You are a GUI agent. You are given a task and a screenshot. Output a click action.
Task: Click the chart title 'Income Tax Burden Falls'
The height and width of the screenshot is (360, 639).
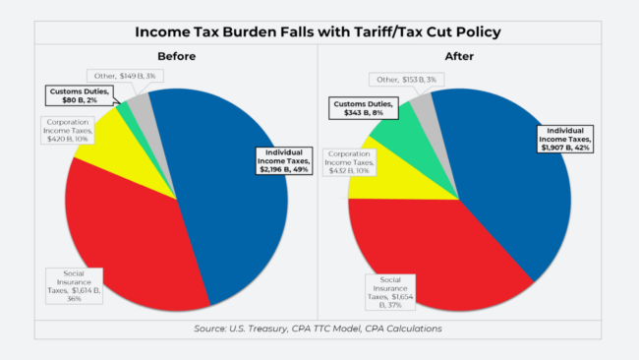(319, 32)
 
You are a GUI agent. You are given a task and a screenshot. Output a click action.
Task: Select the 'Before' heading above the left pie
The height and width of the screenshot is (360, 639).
(177, 57)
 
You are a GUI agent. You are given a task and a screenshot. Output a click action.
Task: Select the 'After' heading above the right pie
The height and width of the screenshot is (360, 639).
(460, 57)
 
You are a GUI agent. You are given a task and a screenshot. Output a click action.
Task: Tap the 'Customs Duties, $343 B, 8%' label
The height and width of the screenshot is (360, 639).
(362, 107)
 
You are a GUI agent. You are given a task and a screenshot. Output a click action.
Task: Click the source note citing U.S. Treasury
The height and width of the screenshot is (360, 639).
(319, 328)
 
